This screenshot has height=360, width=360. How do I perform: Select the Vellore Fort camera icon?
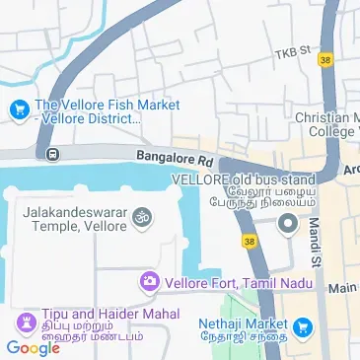149,282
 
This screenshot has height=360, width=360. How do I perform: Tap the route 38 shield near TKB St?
325,60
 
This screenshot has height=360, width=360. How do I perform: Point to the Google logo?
33,347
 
